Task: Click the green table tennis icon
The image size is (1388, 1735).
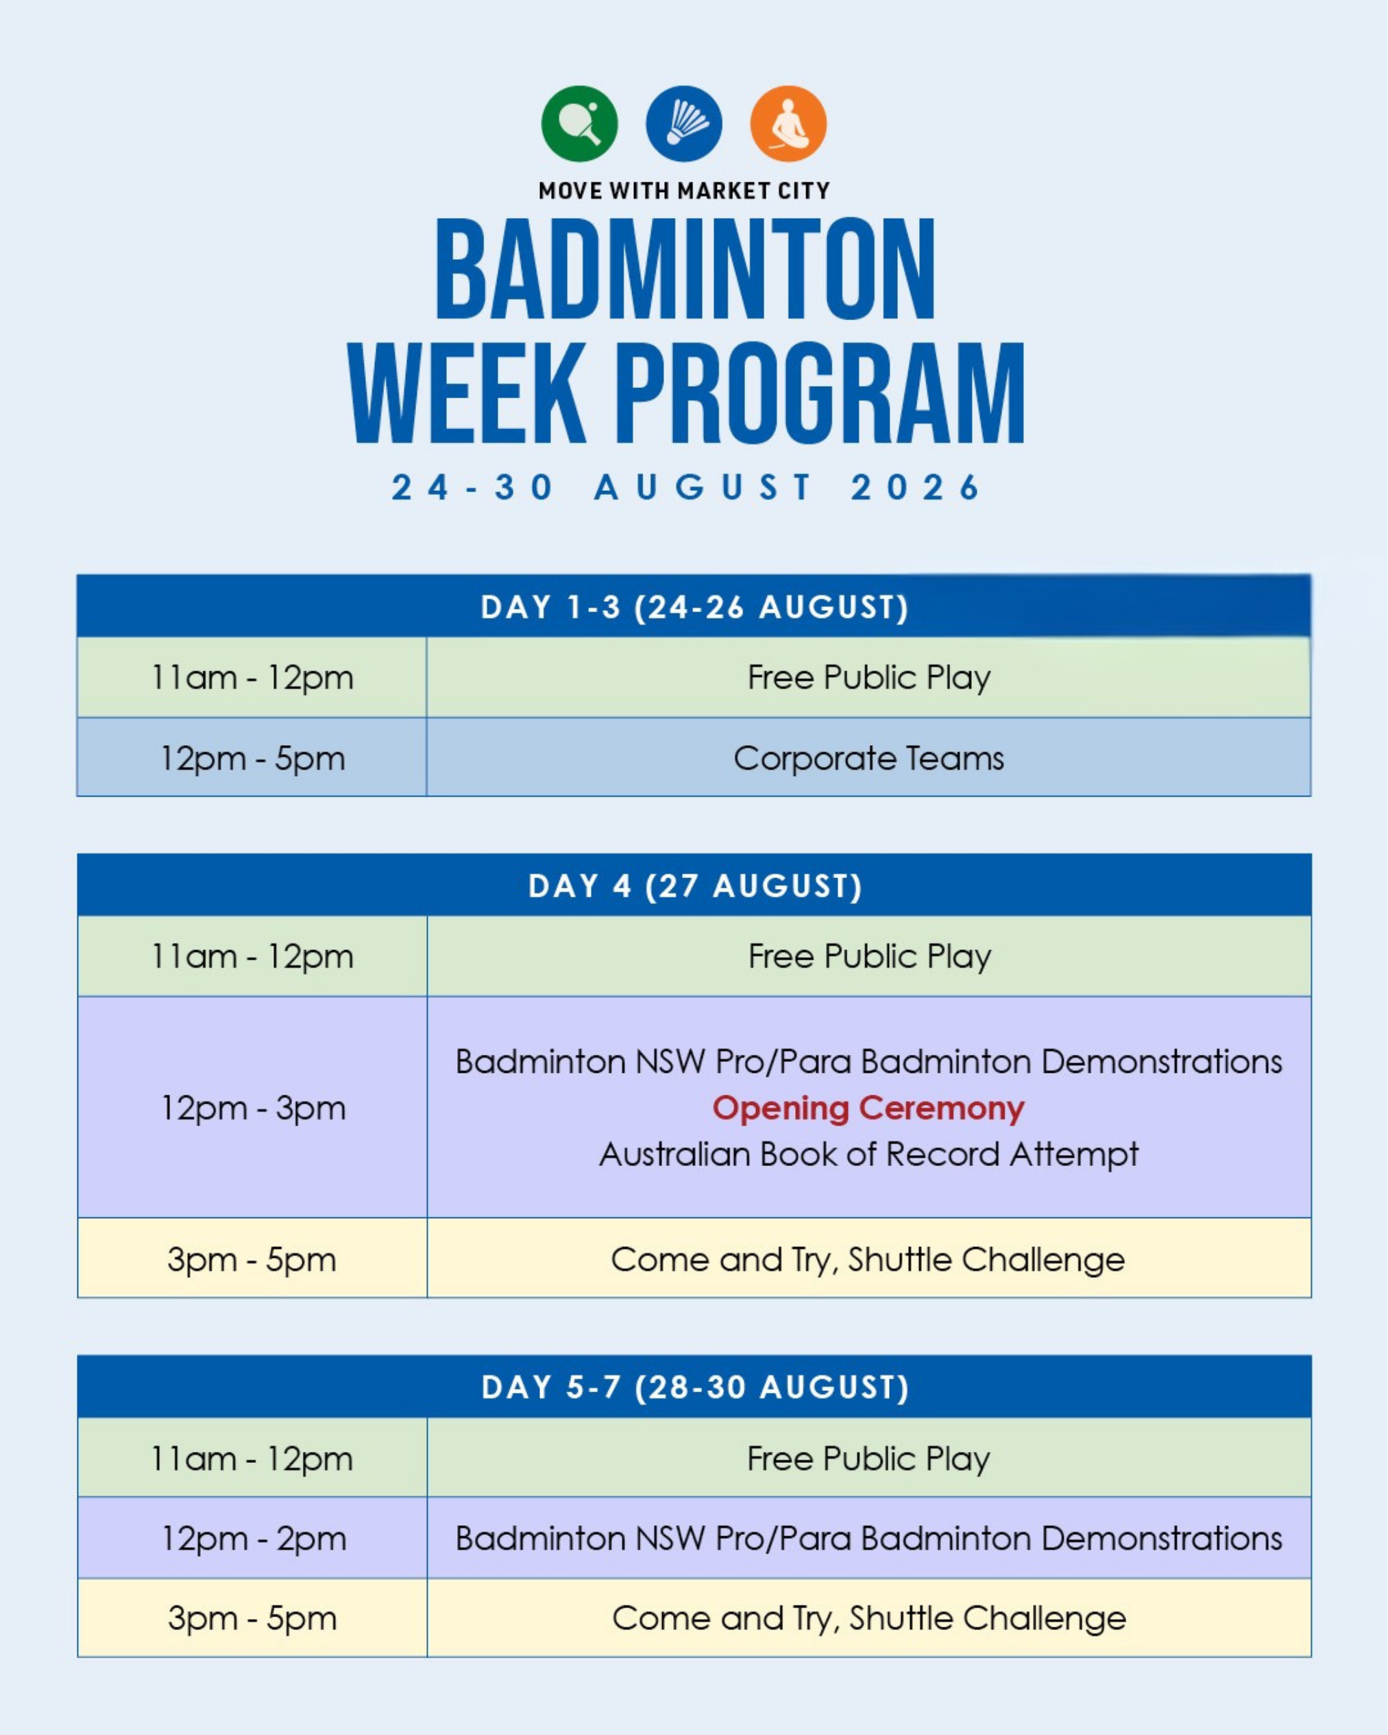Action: tap(579, 124)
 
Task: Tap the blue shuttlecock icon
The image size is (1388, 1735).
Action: tap(684, 124)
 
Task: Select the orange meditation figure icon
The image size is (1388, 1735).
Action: tap(788, 124)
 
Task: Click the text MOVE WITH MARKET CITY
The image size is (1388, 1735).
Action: tap(684, 191)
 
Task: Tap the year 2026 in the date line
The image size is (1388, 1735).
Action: tap(916, 487)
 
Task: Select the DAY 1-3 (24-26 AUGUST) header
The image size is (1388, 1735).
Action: tap(694, 607)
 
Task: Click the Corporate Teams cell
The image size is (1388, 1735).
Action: tap(868, 758)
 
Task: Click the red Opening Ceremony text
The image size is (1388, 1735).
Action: tap(868, 1108)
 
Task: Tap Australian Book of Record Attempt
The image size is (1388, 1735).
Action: tap(868, 1154)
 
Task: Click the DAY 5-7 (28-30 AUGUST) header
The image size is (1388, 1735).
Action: tap(695, 1387)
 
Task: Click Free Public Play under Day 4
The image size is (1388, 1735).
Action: tap(869, 956)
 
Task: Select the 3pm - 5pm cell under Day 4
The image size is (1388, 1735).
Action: tap(252, 1259)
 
